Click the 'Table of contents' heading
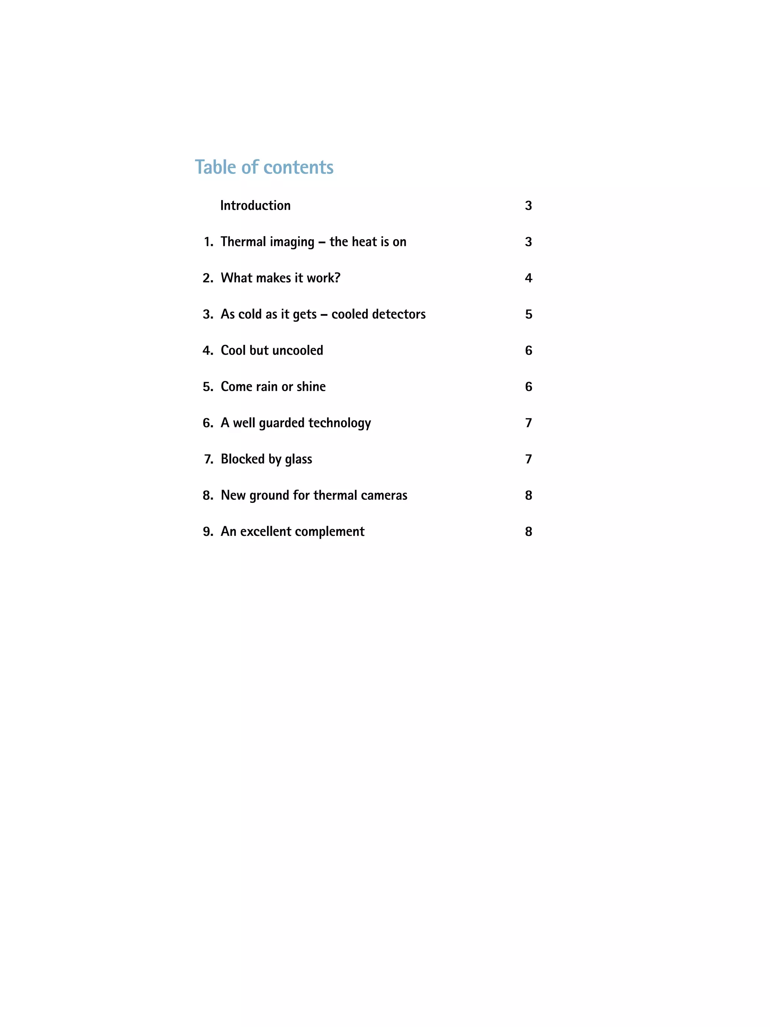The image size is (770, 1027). click(x=264, y=167)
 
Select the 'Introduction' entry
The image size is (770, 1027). click(x=255, y=205)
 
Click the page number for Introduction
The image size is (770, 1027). click(x=528, y=206)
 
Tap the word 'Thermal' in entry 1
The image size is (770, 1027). click(x=243, y=241)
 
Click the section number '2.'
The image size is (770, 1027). click(x=208, y=278)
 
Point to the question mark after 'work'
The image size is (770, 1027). click(x=337, y=278)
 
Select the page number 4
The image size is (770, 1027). click(x=528, y=278)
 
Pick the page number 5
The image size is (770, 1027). click(x=528, y=314)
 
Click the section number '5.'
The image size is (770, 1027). click(x=208, y=387)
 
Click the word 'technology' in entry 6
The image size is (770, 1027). click(x=339, y=423)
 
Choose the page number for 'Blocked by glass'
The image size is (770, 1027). click(x=528, y=459)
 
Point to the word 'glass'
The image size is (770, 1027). click(x=299, y=459)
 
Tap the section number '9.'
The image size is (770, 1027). click(x=208, y=532)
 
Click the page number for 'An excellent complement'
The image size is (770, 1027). click(x=528, y=532)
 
